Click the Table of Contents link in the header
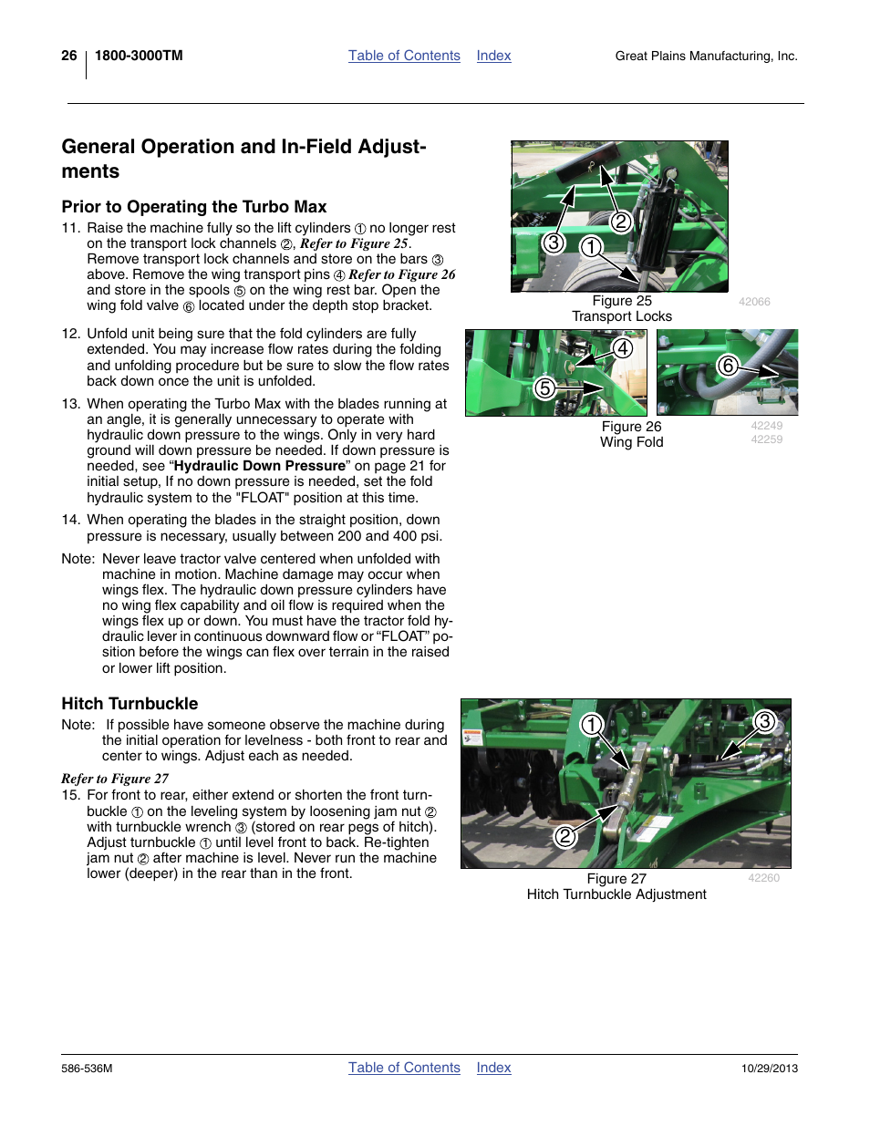pyautogui.click(x=404, y=56)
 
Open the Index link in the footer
pyautogui.click(x=493, y=1068)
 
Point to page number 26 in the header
pyautogui.click(x=69, y=56)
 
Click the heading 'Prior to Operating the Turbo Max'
pyautogui.click(x=194, y=207)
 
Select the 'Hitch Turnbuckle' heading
pyautogui.click(x=129, y=704)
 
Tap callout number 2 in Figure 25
pyautogui.click(x=621, y=222)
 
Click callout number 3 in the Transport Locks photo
pyautogui.click(x=553, y=243)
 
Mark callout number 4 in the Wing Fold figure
pyautogui.click(x=622, y=348)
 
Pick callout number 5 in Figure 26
pyautogui.click(x=544, y=388)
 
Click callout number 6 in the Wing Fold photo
pyautogui.click(x=728, y=366)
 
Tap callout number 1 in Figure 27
pyautogui.click(x=592, y=725)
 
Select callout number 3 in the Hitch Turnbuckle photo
pyautogui.click(x=764, y=721)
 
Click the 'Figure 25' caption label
pyautogui.click(x=622, y=301)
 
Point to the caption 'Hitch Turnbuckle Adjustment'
pyautogui.click(x=616, y=894)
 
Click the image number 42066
pyautogui.click(x=754, y=302)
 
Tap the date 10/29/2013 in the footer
pyautogui.click(x=769, y=1069)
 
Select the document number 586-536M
pyautogui.click(x=87, y=1069)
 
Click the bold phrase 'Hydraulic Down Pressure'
pyautogui.click(x=260, y=466)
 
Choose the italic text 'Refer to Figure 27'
pyautogui.click(x=115, y=779)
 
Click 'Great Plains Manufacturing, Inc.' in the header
pyautogui.click(x=706, y=57)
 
